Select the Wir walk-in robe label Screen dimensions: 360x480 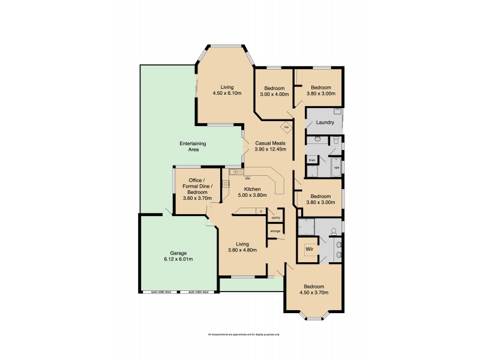coord(310,247)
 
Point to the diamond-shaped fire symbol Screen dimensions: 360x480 coord(287,127)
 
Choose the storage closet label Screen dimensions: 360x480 coord(275,231)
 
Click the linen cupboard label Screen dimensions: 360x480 coord(312,160)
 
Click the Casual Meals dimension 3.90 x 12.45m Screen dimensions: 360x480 coord(271,149)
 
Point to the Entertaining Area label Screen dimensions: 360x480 coord(193,146)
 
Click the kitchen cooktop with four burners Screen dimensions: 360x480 coord(226,184)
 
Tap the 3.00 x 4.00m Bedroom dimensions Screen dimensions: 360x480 coord(275,94)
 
